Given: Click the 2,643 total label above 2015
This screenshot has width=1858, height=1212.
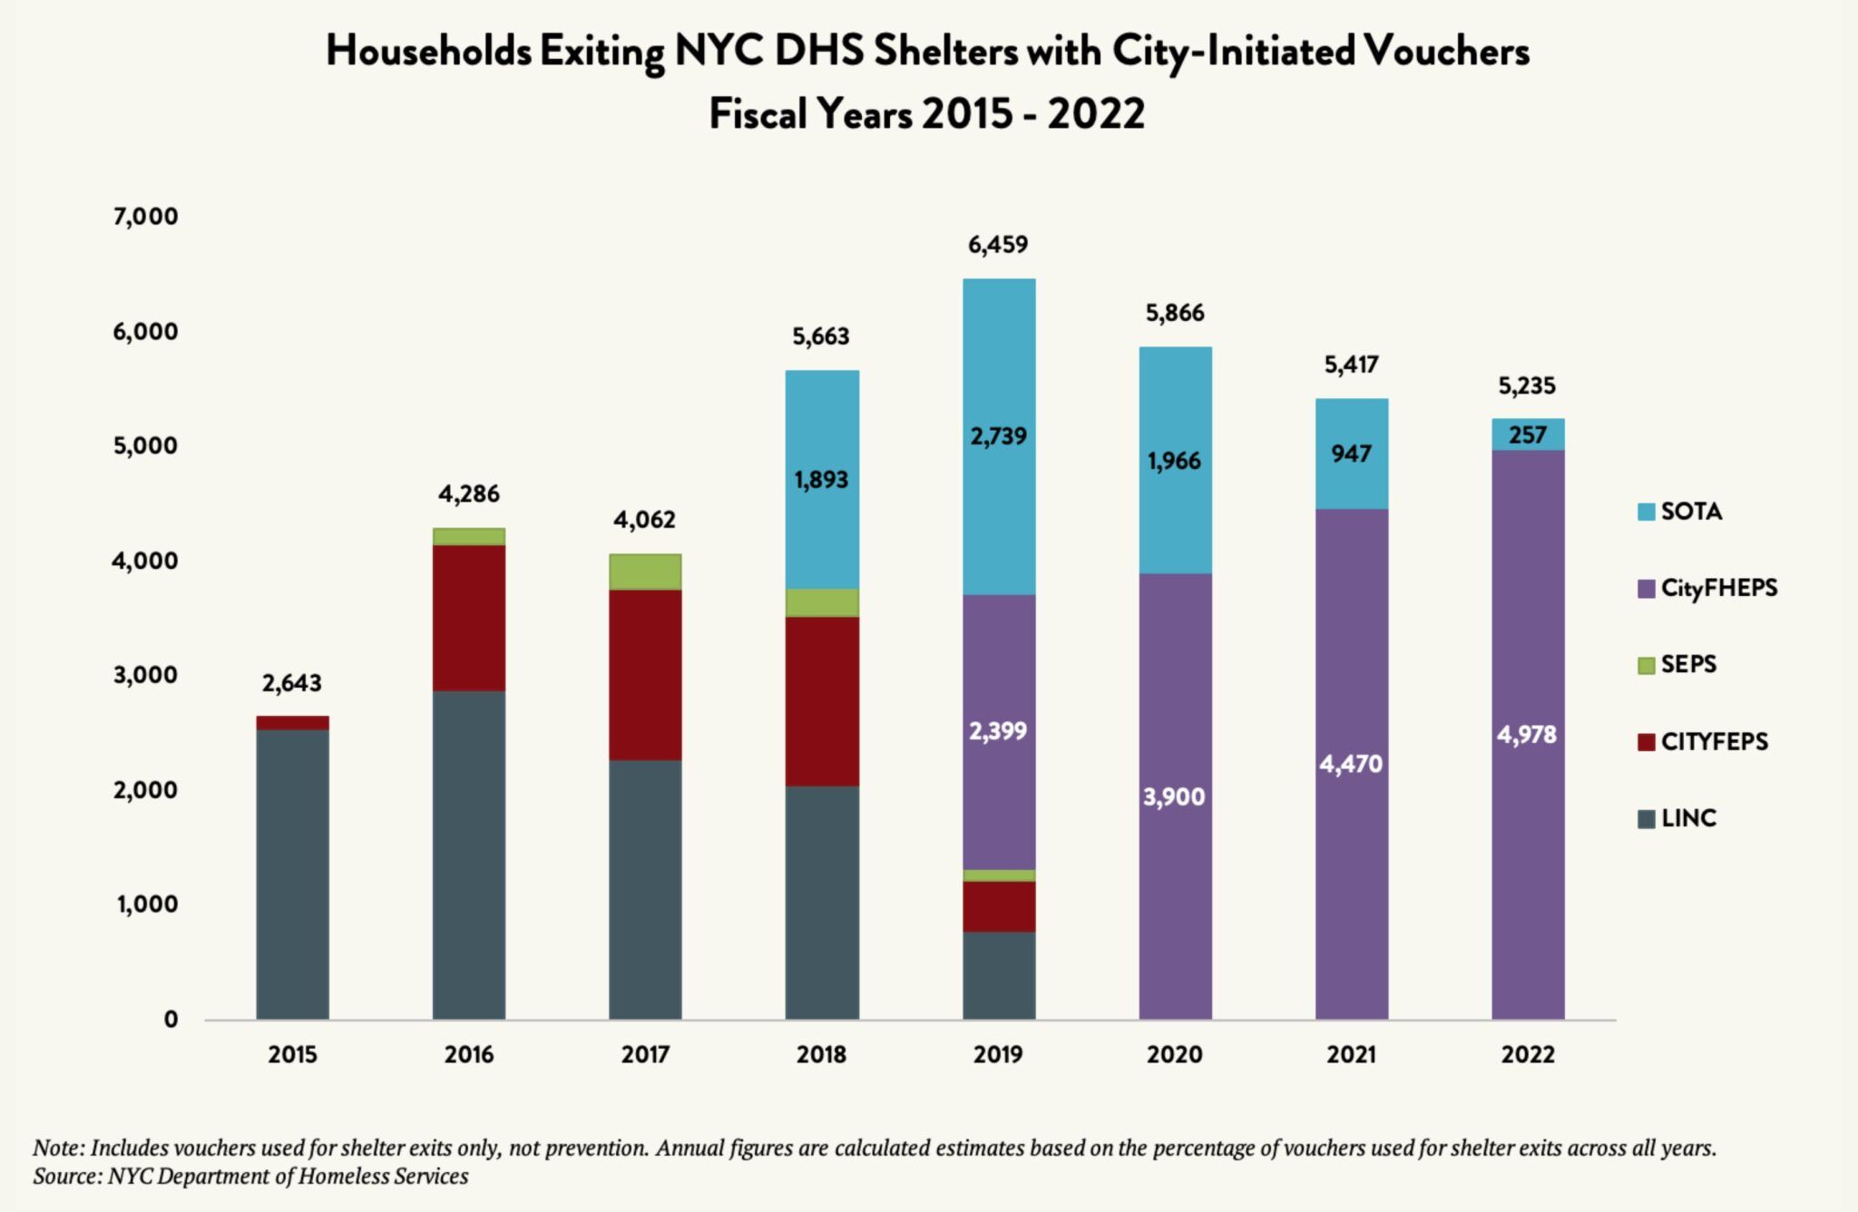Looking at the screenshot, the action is [x=292, y=682].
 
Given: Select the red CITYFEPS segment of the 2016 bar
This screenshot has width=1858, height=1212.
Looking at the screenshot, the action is [x=469, y=618].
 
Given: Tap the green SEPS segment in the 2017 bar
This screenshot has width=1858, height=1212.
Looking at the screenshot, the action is [x=645, y=572].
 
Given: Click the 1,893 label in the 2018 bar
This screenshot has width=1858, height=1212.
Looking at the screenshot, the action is [x=821, y=479].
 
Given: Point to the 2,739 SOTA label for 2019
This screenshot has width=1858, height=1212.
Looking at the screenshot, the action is [x=999, y=435].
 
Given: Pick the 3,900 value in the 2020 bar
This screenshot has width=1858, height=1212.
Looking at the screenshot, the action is [x=1175, y=797].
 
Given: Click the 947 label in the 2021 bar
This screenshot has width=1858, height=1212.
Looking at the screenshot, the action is [x=1352, y=453].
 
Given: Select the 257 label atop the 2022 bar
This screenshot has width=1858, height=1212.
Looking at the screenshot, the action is [x=1528, y=435].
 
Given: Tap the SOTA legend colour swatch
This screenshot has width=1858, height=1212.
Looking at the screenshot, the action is [x=1647, y=512].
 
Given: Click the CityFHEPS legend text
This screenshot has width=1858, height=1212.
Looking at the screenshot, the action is [x=1719, y=588].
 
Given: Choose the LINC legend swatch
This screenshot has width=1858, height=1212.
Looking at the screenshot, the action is [x=1647, y=819].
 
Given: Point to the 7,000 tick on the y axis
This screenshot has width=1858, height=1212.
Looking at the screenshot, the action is [x=145, y=216].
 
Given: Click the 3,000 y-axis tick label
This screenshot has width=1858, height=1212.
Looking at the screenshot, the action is [x=145, y=675].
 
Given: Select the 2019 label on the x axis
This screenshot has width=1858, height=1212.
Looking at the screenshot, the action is [x=999, y=1054].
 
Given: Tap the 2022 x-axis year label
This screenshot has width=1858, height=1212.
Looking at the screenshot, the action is [x=1528, y=1054].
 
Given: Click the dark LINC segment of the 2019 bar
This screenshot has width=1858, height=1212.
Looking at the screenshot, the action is [x=999, y=975].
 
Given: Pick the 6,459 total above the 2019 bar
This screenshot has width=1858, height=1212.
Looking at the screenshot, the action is [x=999, y=244].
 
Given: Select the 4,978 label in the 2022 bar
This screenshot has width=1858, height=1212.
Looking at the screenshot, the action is [x=1528, y=734].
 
